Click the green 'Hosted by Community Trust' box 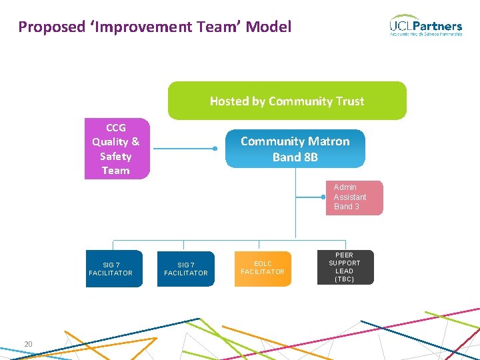[x=287, y=101]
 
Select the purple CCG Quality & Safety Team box [x=117, y=149]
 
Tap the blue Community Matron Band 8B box [x=295, y=149]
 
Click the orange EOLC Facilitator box [x=263, y=267]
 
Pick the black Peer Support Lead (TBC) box [x=345, y=267]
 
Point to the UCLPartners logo [x=425, y=26]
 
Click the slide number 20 [x=28, y=344]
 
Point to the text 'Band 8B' [x=295, y=158]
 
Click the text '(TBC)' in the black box [x=345, y=279]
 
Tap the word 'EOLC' [x=263, y=263]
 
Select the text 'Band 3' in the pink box [x=347, y=207]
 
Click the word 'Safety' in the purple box [x=116, y=156]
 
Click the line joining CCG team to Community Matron [x=183, y=149]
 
